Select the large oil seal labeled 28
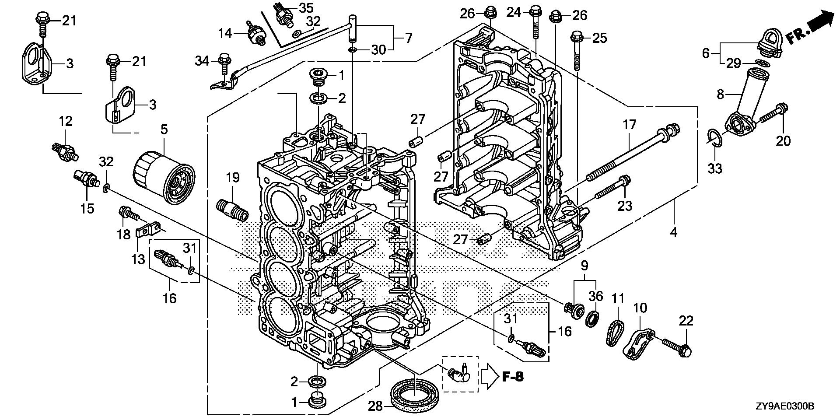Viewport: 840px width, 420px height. pos(414,395)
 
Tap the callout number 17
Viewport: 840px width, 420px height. pos(629,125)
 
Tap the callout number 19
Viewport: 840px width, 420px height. pos(233,177)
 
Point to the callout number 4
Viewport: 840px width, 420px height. pos(674,232)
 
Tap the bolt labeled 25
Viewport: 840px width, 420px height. pos(577,50)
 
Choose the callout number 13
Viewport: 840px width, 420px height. pos(138,259)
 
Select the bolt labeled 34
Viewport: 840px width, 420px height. pos(224,64)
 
